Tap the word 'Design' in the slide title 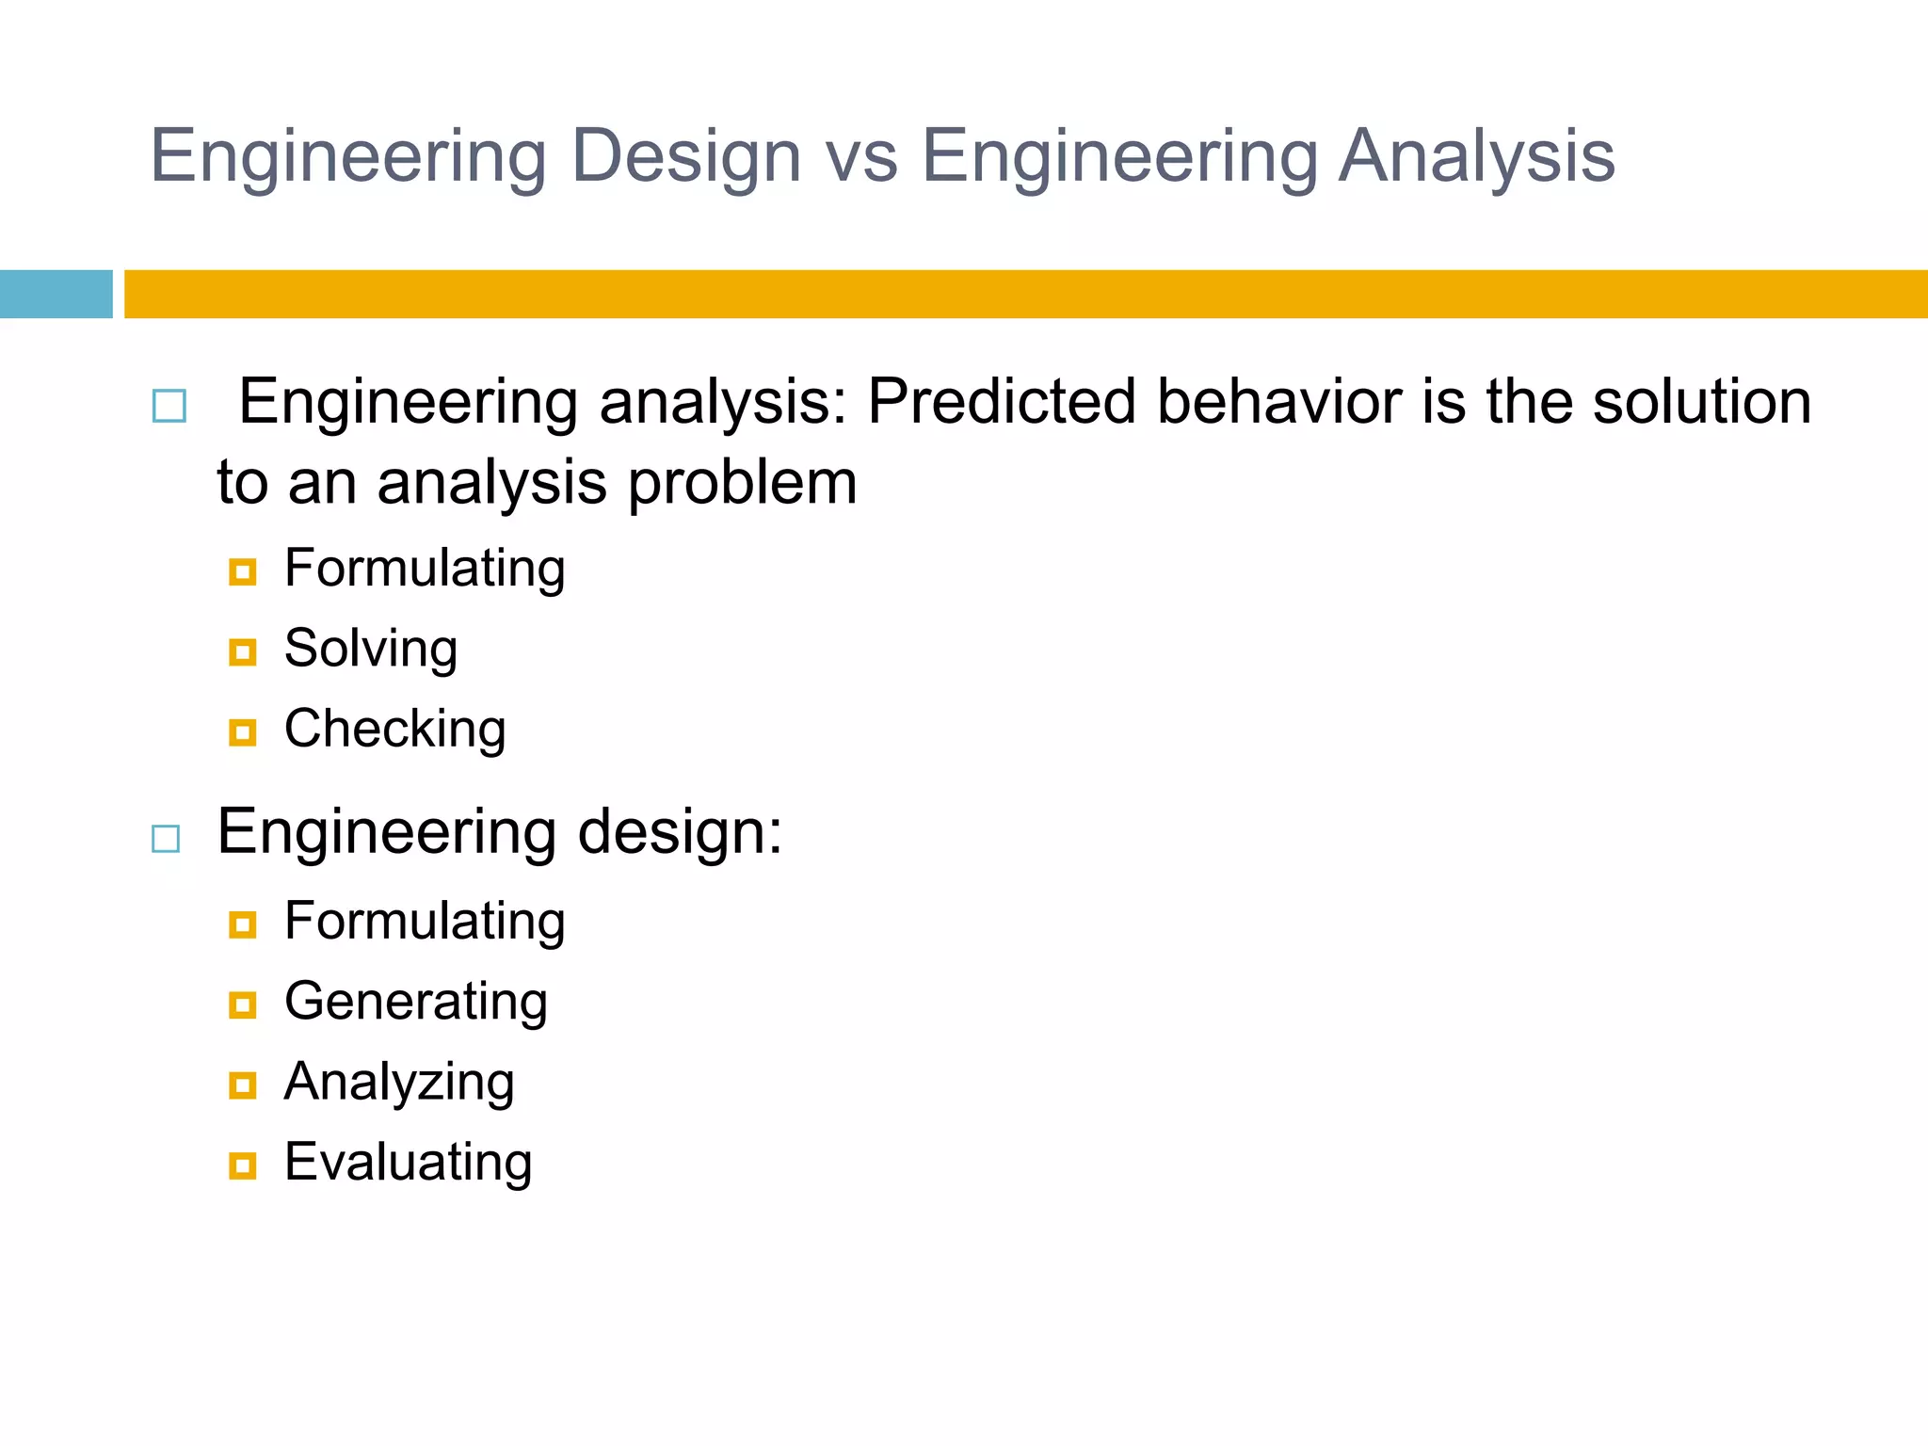685,156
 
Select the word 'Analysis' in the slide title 1475,156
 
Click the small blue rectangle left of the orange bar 56,294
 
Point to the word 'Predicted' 1001,402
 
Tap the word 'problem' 742,483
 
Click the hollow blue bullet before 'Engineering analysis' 169,406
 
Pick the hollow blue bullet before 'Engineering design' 166,838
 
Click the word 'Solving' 371,649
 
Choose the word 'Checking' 395,730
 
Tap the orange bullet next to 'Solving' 243,651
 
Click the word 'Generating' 415,1002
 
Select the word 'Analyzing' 399,1083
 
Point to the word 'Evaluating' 408,1163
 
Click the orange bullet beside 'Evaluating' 243,1165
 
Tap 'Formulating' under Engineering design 425,922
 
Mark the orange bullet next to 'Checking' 243,732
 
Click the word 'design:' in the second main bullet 679,833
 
